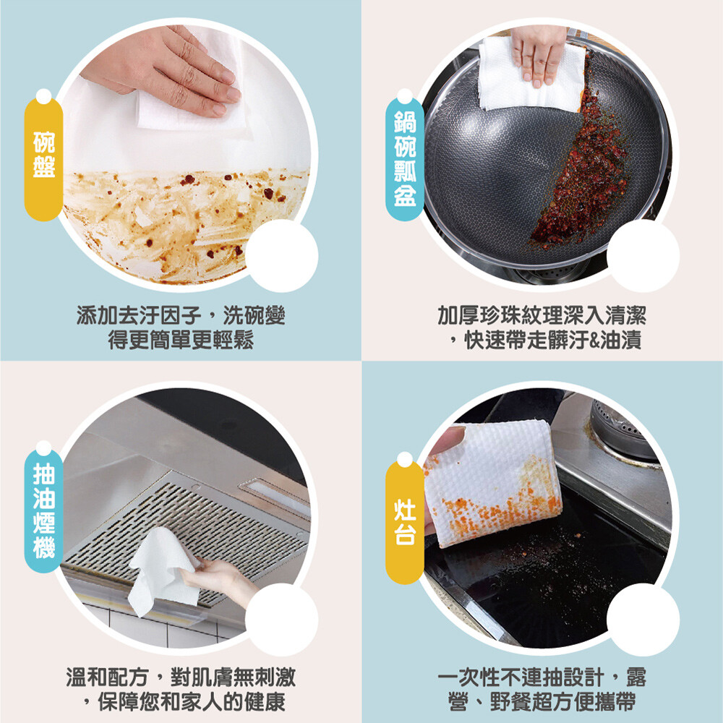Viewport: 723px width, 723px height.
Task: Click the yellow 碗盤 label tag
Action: click(x=44, y=155)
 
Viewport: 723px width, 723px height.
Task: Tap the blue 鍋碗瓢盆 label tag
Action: click(x=405, y=155)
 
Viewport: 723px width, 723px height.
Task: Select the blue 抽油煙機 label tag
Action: click(x=44, y=508)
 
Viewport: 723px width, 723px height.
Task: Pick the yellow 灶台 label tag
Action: click(x=405, y=518)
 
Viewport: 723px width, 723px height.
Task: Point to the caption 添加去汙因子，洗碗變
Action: click(x=181, y=316)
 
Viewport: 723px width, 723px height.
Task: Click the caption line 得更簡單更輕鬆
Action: click(x=181, y=341)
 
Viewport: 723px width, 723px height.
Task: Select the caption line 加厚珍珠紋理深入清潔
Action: click(x=542, y=316)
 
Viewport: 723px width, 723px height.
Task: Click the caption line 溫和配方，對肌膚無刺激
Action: click(x=181, y=677)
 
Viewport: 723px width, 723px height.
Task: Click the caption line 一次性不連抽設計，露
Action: click(x=542, y=677)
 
